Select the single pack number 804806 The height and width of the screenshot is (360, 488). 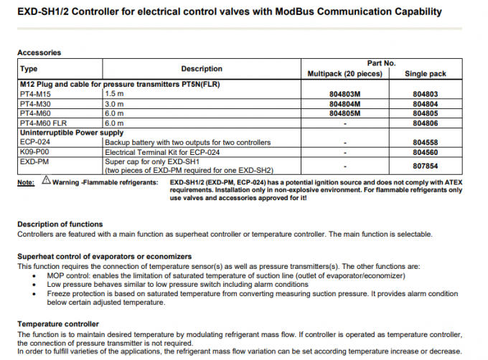tap(426, 123)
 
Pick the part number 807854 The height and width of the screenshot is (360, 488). tap(426, 166)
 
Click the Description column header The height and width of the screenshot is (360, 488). tap(202, 69)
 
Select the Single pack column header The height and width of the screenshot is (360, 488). tap(426, 74)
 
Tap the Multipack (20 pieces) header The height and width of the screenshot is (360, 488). tap(345, 74)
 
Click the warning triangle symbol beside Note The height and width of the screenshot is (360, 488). tap(47, 182)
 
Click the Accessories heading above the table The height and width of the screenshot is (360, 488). tap(39, 52)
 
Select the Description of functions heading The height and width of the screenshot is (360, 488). tap(60, 224)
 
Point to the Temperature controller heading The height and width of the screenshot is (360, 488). tap(57, 324)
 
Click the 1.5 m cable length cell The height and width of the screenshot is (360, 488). tap(115, 94)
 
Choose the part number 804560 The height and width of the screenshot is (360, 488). tap(426, 152)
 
